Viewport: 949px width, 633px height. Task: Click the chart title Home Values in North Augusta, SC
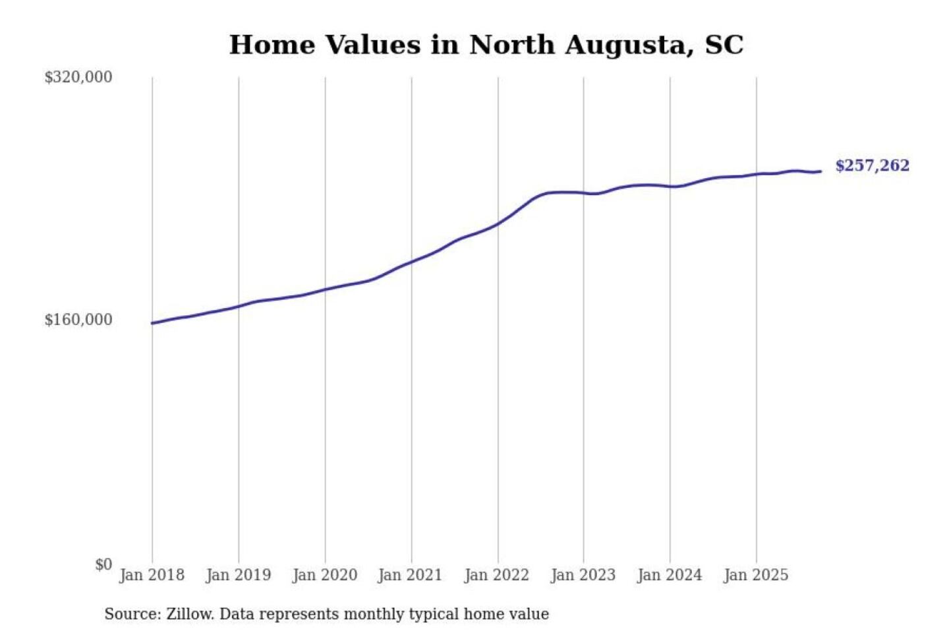486,45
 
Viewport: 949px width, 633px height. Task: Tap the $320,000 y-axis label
78,77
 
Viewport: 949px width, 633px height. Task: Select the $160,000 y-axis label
78,320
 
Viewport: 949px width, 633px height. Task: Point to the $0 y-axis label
103,564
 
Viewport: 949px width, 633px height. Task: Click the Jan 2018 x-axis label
152,575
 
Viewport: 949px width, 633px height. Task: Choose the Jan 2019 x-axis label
238,575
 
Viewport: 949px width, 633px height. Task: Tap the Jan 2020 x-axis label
324,575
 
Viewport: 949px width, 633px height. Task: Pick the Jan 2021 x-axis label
410,575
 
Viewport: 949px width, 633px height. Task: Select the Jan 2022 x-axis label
496,575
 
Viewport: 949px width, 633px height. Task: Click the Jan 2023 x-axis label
583,575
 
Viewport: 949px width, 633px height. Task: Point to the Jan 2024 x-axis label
669,575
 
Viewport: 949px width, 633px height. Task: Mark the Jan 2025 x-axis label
755,575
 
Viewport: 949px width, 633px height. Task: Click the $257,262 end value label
872,166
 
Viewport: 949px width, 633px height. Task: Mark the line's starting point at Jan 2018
152,323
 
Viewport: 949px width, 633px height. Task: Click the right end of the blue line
820,171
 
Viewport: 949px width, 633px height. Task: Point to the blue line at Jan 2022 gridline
498,223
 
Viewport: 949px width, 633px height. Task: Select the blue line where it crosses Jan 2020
325,289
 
